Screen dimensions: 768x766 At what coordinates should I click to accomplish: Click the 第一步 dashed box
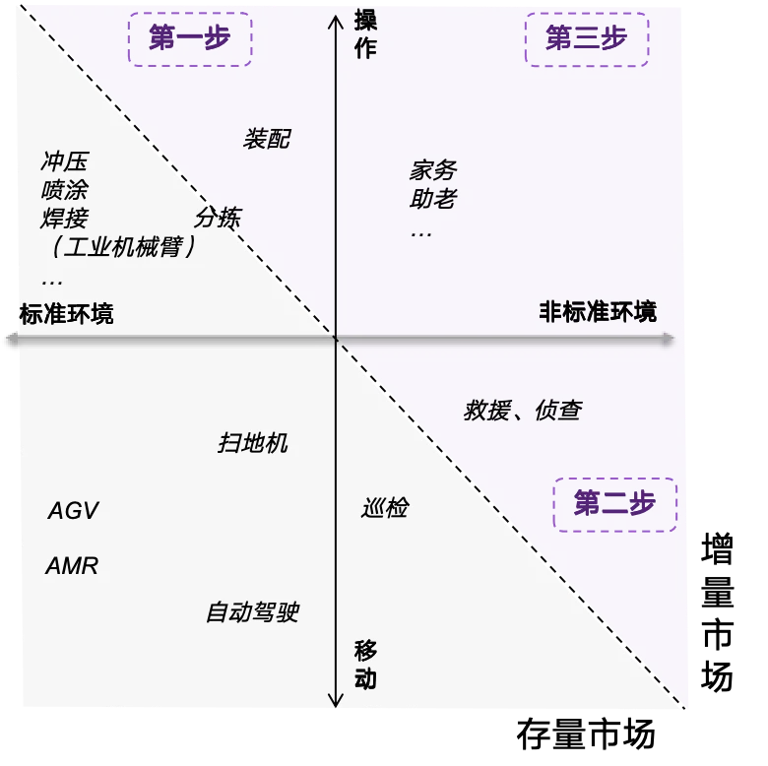190,39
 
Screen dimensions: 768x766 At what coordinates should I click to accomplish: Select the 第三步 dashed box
587,39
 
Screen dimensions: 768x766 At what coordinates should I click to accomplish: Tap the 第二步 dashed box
615,504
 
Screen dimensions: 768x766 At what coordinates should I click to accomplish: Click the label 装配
267,139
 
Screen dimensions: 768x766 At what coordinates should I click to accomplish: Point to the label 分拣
218,218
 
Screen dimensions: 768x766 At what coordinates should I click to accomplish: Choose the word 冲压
65,161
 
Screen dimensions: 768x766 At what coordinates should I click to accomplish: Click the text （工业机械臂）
123,246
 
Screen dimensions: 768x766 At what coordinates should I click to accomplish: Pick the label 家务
433,170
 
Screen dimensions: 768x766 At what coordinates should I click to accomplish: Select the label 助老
433,198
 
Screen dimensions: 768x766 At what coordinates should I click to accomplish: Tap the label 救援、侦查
523,410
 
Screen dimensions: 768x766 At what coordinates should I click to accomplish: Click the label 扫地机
253,443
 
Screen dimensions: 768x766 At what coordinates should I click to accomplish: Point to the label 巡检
385,507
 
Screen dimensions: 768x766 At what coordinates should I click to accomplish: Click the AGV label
74,511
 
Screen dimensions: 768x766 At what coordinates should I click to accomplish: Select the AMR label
72,566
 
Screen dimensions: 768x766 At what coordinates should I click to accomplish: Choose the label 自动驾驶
253,612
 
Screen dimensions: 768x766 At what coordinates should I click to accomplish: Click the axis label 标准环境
67,314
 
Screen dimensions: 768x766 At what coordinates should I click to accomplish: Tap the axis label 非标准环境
598,312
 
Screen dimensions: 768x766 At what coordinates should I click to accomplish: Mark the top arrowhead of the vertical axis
336,16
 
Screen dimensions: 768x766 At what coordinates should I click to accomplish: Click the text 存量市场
586,734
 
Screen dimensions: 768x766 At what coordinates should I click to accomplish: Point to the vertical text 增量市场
717,612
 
